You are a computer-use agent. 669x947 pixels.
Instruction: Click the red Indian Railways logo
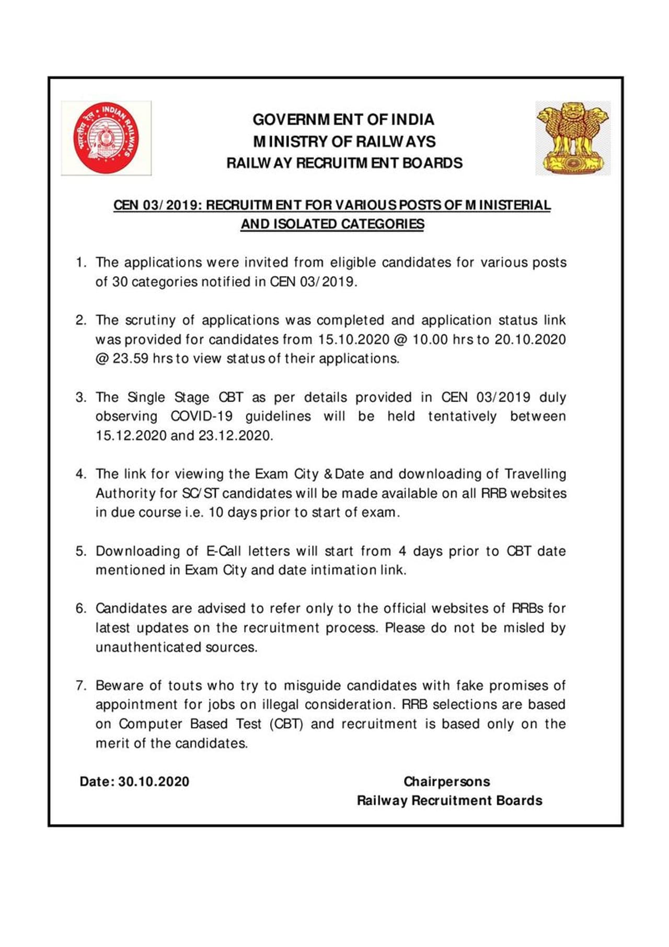106,138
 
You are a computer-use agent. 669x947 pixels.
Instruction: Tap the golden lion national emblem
573,138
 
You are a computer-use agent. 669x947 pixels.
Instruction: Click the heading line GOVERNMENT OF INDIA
343,120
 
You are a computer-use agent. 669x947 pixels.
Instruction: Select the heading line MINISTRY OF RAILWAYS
344,142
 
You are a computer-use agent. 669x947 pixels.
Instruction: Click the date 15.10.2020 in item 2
354,339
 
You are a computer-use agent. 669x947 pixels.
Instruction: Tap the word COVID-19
201,416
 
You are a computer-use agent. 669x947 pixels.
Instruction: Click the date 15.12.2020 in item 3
131,436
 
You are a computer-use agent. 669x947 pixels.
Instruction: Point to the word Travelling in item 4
535,474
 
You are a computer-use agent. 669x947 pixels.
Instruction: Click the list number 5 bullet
80,551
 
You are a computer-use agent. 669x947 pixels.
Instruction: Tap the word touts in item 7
184,686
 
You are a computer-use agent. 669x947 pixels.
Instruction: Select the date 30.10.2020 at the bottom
154,782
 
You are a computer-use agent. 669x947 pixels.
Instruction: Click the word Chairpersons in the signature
447,782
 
